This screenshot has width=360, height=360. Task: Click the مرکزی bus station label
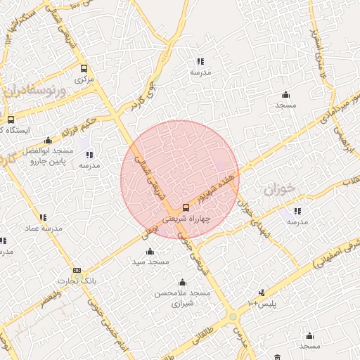click(84, 80)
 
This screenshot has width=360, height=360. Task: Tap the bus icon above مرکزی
click(84, 69)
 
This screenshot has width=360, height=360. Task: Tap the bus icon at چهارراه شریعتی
click(186, 207)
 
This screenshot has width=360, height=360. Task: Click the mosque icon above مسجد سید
click(148, 251)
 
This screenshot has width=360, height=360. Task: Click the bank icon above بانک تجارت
click(77, 271)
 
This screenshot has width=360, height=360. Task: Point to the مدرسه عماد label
click(44, 229)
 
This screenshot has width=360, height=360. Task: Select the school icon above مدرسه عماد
click(43, 217)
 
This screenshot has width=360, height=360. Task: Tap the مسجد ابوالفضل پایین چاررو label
click(48, 156)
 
